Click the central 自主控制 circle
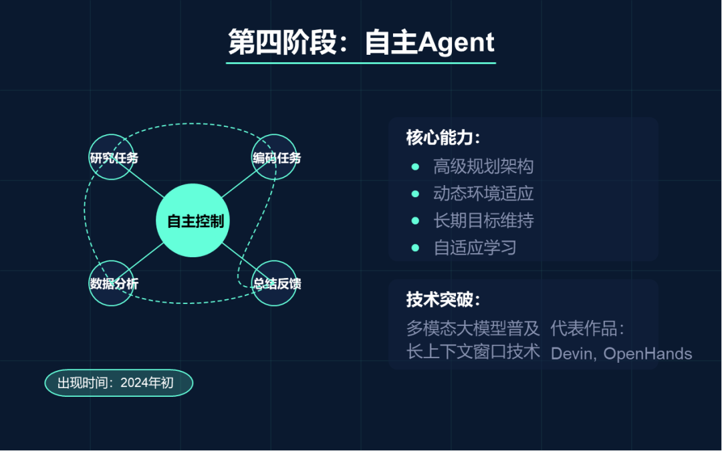pyautogui.click(x=193, y=220)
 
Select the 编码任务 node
pyautogui.click(x=275, y=158)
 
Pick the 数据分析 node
pyautogui.click(x=112, y=283)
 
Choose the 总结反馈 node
pyautogui.click(x=275, y=283)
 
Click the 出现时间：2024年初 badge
pyautogui.click(x=118, y=383)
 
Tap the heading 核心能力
pyautogui.click(x=443, y=138)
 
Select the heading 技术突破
pyautogui.click(x=443, y=300)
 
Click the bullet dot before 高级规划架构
pyautogui.click(x=415, y=166)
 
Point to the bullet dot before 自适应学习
pyautogui.click(x=415, y=248)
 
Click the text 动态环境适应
pyautogui.click(x=483, y=194)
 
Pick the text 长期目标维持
pyautogui.click(x=483, y=220)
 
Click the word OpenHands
pyautogui.click(x=648, y=353)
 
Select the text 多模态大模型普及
pyautogui.click(x=473, y=328)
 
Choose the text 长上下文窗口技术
pyautogui.click(x=473, y=351)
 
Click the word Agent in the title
pyautogui.click(x=456, y=42)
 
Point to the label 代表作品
pyautogui.click(x=586, y=328)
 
